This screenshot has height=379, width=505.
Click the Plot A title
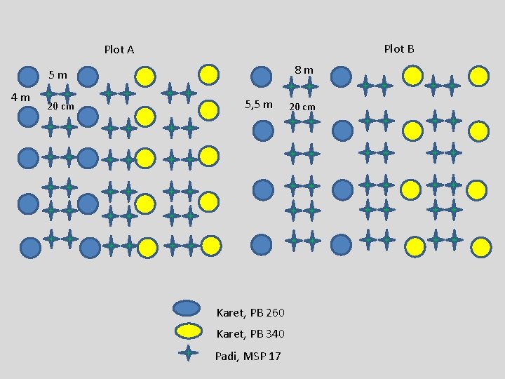(119, 50)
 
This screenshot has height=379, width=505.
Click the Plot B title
(399, 48)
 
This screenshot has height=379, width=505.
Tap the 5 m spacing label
(58, 75)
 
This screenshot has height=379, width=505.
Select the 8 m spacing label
(304, 70)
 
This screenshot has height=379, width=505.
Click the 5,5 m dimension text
(258, 105)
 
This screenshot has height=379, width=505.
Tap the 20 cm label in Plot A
(60, 107)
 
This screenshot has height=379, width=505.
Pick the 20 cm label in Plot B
(302, 107)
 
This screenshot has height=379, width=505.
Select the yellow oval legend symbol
(187, 331)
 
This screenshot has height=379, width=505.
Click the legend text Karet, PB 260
(250, 312)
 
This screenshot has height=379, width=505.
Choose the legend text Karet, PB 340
(250, 333)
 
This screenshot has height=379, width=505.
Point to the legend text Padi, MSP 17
(248, 357)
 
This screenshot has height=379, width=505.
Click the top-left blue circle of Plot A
(27, 75)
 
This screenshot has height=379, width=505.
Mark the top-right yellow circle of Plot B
(478, 74)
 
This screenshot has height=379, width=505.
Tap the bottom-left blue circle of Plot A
(30, 247)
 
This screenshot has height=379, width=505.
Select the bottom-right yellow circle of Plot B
(480, 246)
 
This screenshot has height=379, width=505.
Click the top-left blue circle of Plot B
(261, 75)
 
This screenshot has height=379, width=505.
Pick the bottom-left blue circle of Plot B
(261, 244)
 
